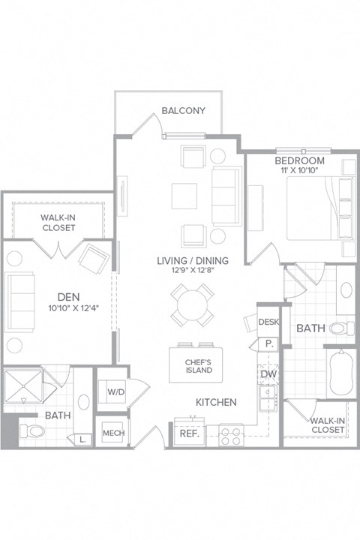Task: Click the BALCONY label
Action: click(183, 111)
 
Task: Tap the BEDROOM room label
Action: click(299, 161)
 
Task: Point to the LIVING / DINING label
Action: click(193, 260)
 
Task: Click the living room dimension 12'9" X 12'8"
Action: click(193, 271)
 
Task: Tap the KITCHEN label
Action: click(216, 402)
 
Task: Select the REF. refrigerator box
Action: click(187, 433)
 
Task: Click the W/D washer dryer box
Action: click(115, 391)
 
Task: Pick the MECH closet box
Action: click(113, 433)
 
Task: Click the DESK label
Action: click(268, 322)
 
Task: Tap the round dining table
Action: click(189, 303)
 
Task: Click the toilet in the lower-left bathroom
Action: click(31, 431)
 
